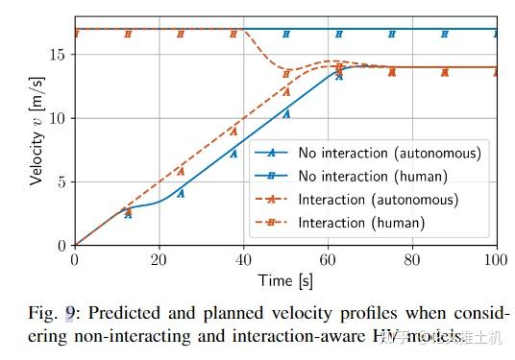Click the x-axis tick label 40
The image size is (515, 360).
click(x=243, y=259)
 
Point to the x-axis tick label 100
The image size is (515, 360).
click(x=497, y=259)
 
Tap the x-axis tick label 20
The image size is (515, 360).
click(x=159, y=259)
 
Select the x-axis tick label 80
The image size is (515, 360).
click(x=412, y=259)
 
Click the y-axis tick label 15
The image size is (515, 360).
click(x=57, y=55)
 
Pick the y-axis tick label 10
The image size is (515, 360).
click(x=57, y=118)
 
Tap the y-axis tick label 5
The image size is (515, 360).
click(x=61, y=181)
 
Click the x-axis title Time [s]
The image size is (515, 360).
click(x=285, y=279)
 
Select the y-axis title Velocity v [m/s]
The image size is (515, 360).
click(x=36, y=132)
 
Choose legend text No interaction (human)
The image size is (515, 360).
click(x=373, y=176)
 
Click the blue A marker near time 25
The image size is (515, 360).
click(x=181, y=193)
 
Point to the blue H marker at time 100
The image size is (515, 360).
click(x=497, y=34)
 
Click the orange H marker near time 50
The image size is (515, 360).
click(x=286, y=73)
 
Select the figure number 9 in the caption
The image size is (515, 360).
click(x=70, y=312)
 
